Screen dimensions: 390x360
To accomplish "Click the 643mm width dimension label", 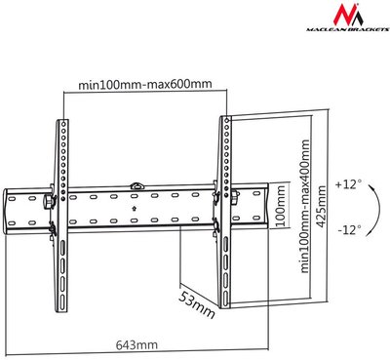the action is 136,344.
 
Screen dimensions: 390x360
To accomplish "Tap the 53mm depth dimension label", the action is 197,304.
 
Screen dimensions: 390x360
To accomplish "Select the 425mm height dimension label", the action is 321,207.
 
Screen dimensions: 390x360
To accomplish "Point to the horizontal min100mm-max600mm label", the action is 145,84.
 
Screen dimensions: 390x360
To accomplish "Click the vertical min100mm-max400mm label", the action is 305,207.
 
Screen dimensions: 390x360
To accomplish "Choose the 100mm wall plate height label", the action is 280,206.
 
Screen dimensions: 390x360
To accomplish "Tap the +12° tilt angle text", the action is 348,184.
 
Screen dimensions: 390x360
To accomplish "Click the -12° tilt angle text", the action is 349,230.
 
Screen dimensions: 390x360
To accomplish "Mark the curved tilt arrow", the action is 377,210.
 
